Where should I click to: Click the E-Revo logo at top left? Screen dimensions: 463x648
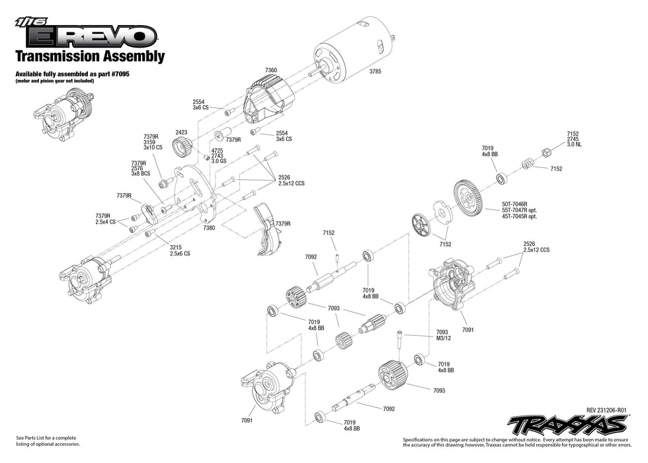(86, 34)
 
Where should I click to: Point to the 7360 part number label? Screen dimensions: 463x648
(271, 69)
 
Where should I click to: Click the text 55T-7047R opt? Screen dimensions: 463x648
(519, 210)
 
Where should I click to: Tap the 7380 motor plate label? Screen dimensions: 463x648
(209, 227)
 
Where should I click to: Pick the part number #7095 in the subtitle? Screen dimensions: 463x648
(119, 75)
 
